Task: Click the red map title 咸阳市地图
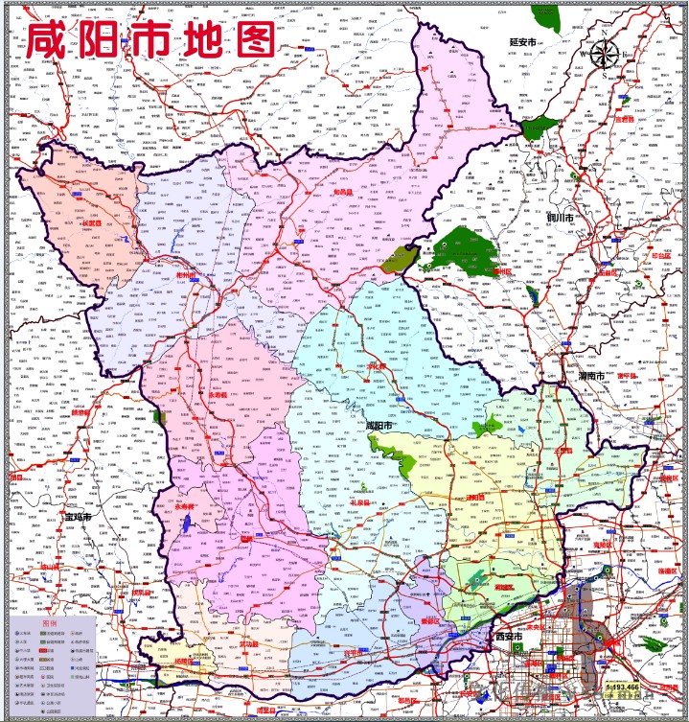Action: tap(150, 40)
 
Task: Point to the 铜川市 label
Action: tap(559, 219)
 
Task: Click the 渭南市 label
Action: tap(590, 377)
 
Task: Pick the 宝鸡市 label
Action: tap(77, 516)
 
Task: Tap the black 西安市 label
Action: tap(509, 637)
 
